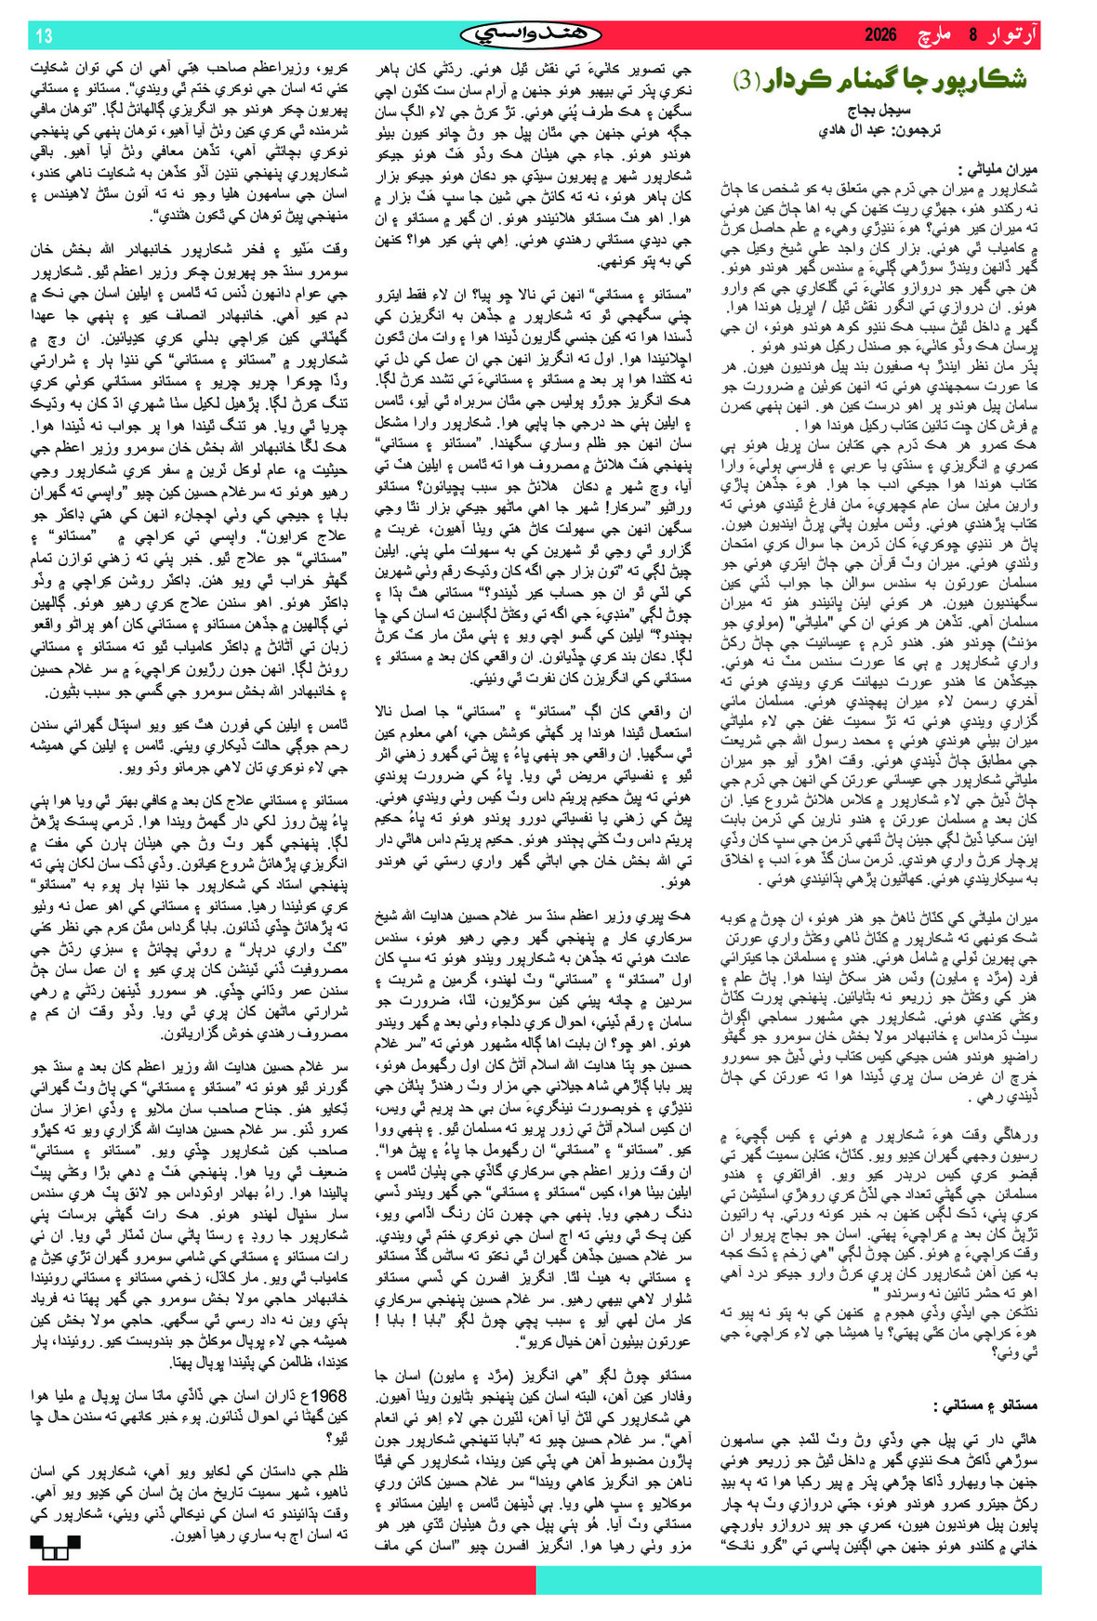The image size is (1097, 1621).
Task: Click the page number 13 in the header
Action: tap(45, 36)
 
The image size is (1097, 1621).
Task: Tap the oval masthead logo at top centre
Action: tap(531, 35)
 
